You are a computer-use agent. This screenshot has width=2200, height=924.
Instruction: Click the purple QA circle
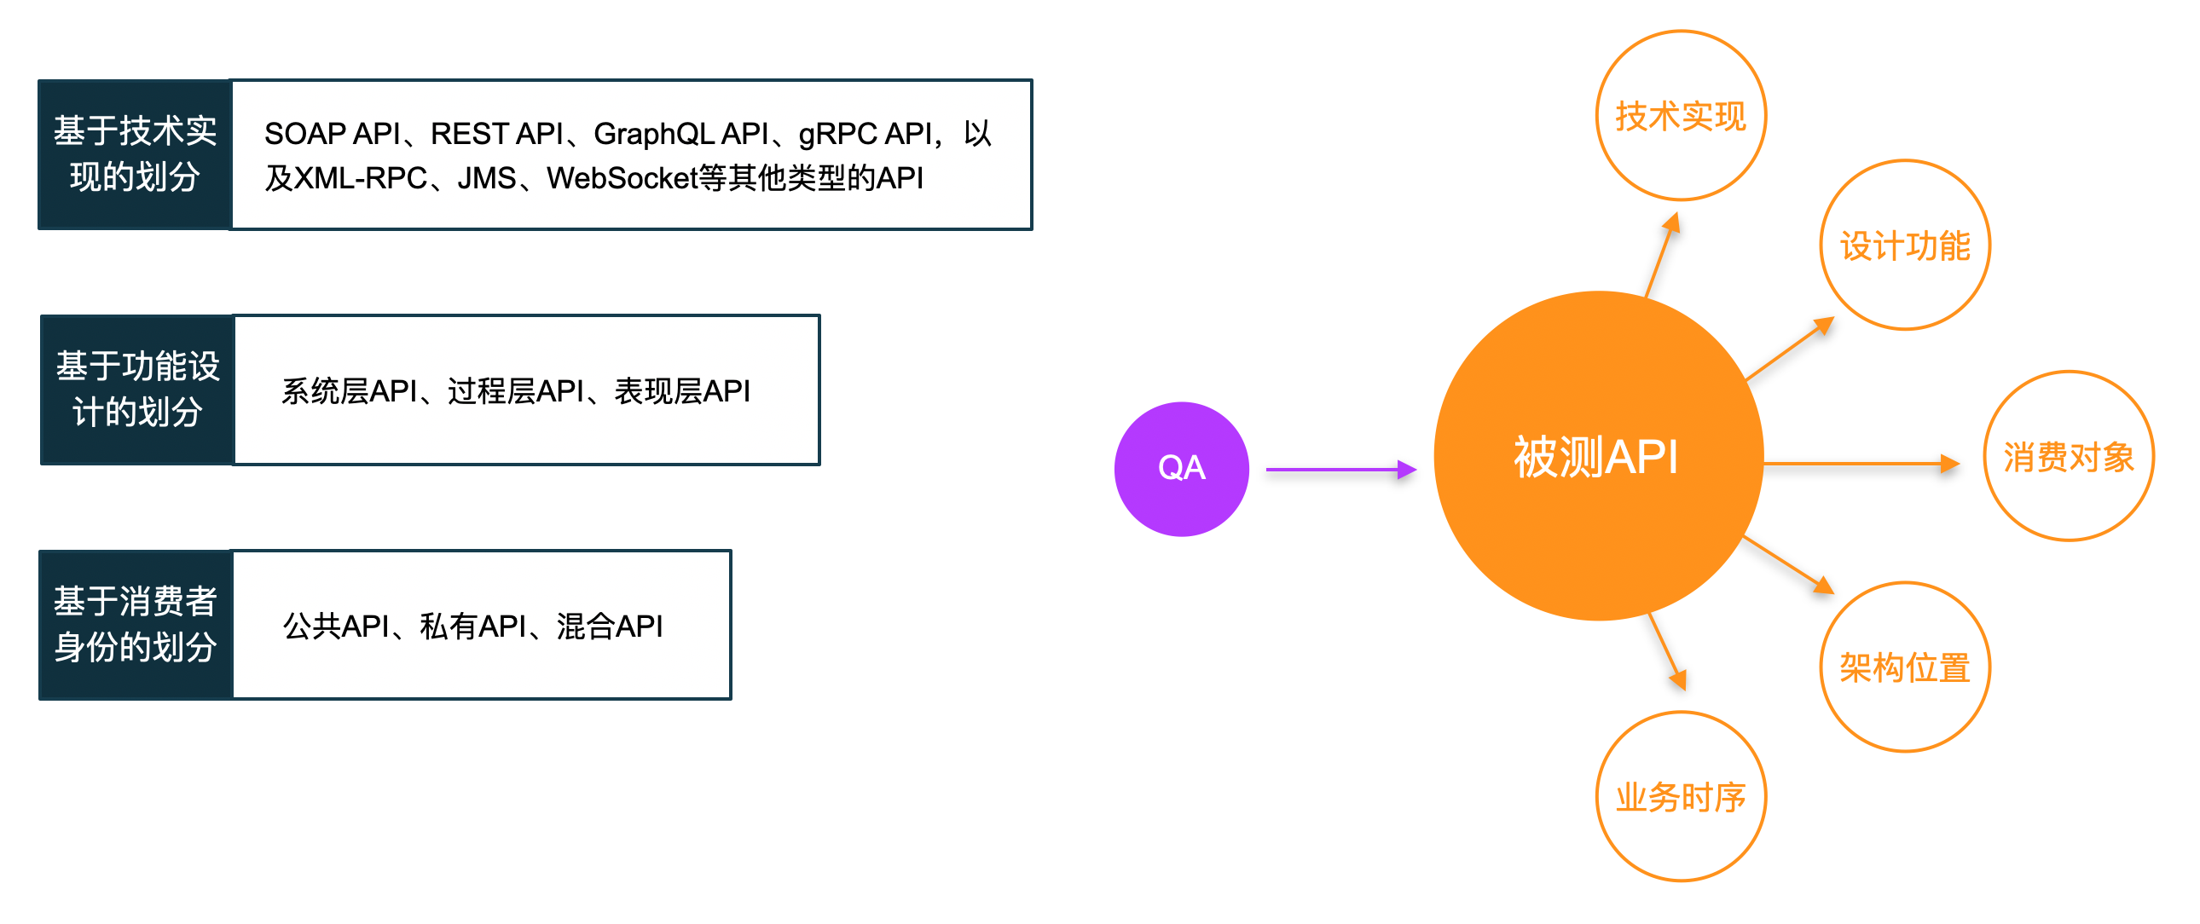pyautogui.click(x=1181, y=469)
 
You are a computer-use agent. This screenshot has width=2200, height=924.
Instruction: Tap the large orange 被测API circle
pyautogui.click(x=1597, y=456)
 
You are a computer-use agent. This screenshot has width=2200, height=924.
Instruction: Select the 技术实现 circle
pyautogui.click(x=1680, y=116)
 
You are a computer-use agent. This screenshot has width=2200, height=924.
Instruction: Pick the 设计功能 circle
pyautogui.click(x=1904, y=245)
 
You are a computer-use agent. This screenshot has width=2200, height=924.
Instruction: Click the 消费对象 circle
pyautogui.click(x=2068, y=457)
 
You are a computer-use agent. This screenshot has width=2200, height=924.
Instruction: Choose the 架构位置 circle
pyautogui.click(x=1904, y=667)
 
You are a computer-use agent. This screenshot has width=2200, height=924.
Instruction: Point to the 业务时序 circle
pyautogui.click(x=1680, y=797)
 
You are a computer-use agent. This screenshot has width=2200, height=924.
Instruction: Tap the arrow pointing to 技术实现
pyautogui.click(x=1662, y=256)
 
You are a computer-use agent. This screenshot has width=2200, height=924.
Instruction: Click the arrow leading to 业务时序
pyautogui.click(x=1666, y=650)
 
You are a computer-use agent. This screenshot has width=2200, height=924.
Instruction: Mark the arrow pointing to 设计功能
pyautogui.click(x=1788, y=349)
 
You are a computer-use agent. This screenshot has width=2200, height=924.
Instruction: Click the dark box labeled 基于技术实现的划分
pyautogui.click(x=135, y=154)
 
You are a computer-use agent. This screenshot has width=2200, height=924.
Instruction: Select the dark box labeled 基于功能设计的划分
pyautogui.click(x=136, y=390)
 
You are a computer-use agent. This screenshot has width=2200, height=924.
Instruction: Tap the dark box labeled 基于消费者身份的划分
pyautogui.click(x=135, y=624)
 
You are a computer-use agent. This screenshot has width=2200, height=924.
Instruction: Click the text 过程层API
pyautogui.click(x=516, y=391)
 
